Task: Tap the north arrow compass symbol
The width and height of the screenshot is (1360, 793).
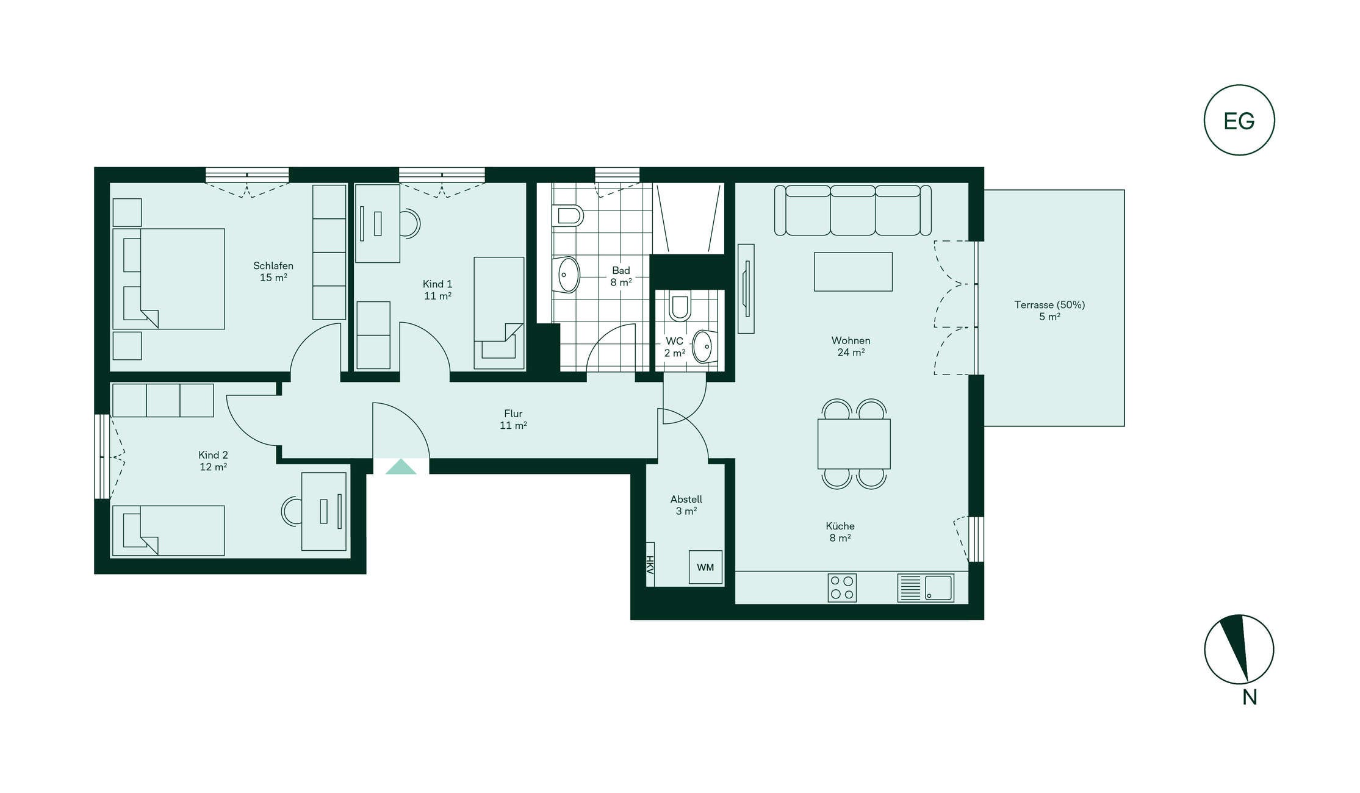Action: click(x=1239, y=649)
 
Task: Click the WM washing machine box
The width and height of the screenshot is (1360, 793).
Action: click(x=705, y=567)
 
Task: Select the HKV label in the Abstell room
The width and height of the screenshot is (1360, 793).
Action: click(x=650, y=565)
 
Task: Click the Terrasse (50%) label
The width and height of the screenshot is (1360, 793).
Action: click(x=1049, y=304)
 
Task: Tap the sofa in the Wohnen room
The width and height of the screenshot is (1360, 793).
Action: click(x=853, y=210)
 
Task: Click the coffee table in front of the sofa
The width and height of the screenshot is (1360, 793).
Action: click(x=853, y=271)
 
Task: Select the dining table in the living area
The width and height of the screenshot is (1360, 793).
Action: click(x=854, y=443)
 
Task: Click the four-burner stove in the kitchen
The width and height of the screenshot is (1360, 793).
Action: click(x=842, y=588)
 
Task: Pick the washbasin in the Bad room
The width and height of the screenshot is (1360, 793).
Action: click(x=566, y=274)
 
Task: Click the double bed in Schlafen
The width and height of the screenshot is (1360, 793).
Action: click(x=168, y=279)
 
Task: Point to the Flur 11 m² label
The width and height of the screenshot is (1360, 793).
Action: click(x=513, y=420)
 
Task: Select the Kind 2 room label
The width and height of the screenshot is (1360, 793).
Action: click(x=213, y=455)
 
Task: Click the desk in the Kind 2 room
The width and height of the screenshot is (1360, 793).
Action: click(x=324, y=511)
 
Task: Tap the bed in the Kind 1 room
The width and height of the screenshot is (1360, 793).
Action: click(x=499, y=313)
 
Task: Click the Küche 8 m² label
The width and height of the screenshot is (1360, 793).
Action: click(x=840, y=532)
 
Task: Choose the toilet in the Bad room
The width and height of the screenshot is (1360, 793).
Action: click(x=567, y=215)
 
